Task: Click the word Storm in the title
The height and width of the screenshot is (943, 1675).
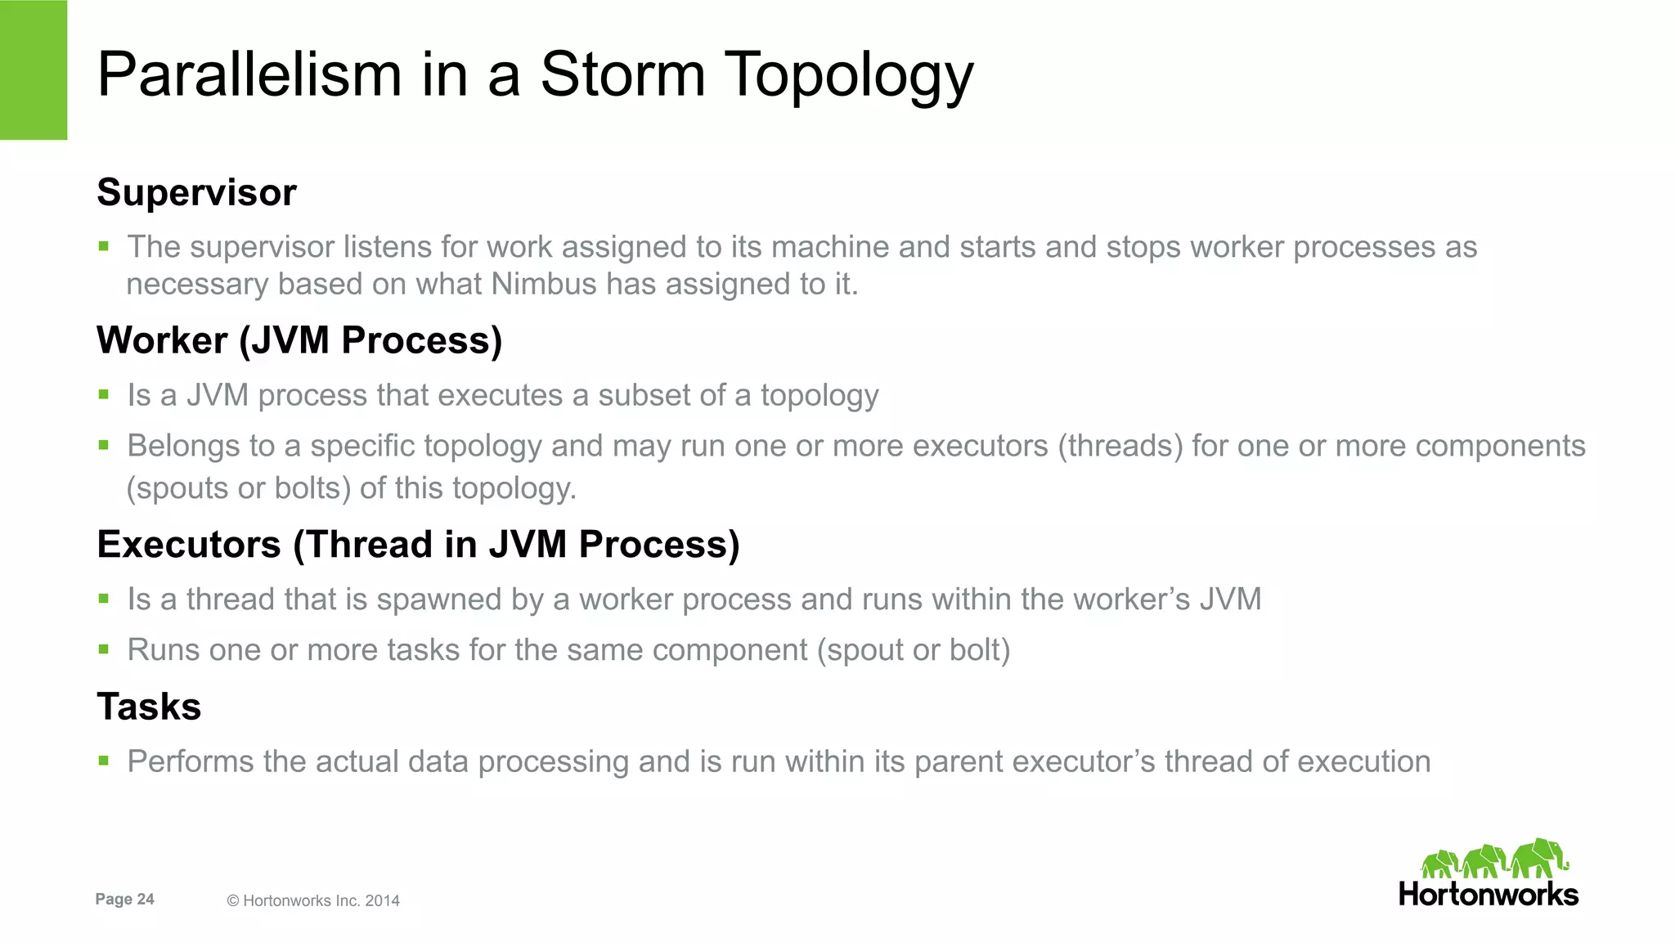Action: pos(622,74)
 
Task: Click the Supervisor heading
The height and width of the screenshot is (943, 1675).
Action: pos(196,193)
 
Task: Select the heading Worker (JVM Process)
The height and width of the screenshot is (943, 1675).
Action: pos(299,340)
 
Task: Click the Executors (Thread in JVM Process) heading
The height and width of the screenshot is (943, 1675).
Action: pos(418,545)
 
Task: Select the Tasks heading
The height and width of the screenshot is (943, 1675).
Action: pos(149,707)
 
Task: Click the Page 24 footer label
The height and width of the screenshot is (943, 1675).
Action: pos(124,899)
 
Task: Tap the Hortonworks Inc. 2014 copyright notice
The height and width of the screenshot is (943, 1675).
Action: pos(313,900)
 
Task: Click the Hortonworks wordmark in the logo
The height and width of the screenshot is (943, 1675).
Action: pos(1488,894)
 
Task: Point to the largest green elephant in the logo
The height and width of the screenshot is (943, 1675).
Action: pos(1538,858)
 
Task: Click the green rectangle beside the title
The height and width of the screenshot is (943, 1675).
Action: pos(34,70)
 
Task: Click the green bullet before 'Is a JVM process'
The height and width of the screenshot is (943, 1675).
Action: pos(104,395)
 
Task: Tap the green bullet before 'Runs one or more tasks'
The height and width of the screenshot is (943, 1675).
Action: pos(104,650)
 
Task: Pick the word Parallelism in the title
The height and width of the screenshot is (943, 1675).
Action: pos(249,74)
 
